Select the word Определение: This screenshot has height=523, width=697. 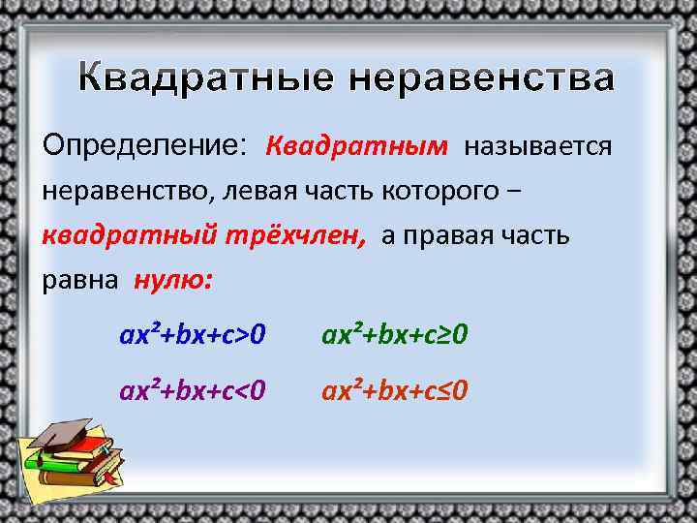pyautogui.click(x=145, y=146)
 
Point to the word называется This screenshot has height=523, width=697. pyautogui.click(x=537, y=146)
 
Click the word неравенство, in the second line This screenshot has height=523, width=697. pyautogui.click(x=128, y=191)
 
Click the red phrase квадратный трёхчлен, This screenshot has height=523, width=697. pyautogui.click(x=204, y=235)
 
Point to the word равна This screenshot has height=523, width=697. pyautogui.click(x=80, y=280)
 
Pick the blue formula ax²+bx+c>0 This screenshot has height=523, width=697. pyautogui.click(x=193, y=335)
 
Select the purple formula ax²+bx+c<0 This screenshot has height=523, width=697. pyautogui.click(x=193, y=391)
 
